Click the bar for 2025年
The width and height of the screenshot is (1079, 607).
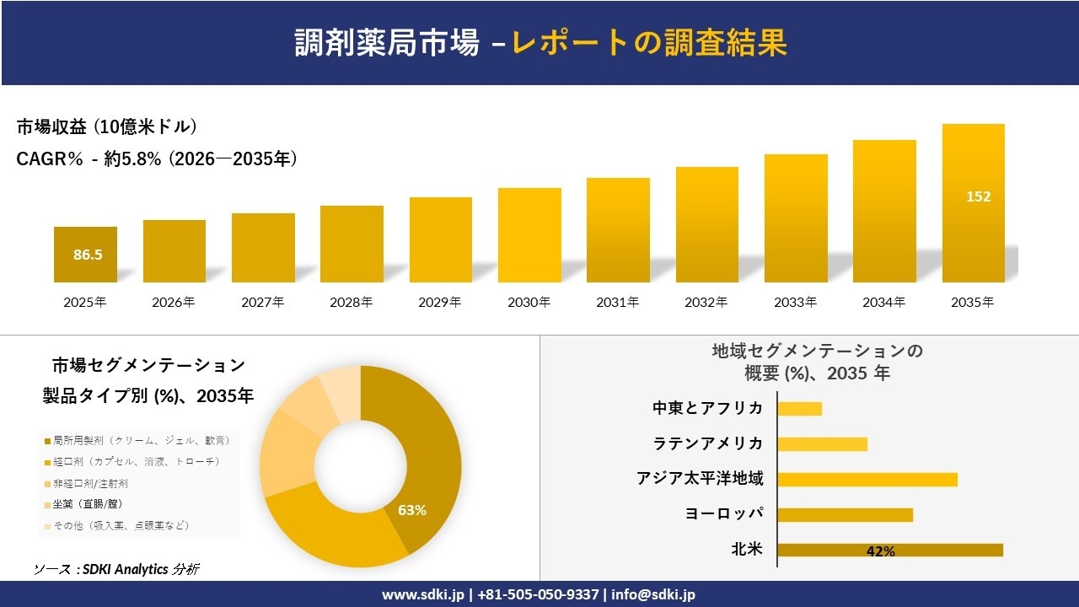[x=85, y=255]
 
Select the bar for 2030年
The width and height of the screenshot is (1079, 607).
[x=529, y=235]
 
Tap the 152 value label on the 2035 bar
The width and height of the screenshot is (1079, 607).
[x=978, y=196]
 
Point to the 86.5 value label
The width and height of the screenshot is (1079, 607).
[x=88, y=255]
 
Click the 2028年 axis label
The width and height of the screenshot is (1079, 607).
[x=351, y=302]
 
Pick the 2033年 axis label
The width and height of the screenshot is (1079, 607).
[x=795, y=302]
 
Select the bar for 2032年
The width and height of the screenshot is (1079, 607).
[x=706, y=224]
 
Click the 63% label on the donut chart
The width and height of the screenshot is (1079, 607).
[x=412, y=510]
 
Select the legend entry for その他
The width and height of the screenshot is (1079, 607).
[x=121, y=525]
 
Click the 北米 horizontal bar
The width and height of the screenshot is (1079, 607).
[x=889, y=551]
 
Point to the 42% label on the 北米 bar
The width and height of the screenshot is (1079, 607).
[x=880, y=551]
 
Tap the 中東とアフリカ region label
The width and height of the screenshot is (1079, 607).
[x=707, y=408]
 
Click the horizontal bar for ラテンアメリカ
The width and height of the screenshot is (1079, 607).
[x=822, y=444]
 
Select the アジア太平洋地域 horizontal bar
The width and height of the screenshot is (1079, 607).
[x=867, y=480]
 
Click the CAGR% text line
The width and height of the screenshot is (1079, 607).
[x=157, y=159]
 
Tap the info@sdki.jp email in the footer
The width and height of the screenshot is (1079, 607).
[x=654, y=594]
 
